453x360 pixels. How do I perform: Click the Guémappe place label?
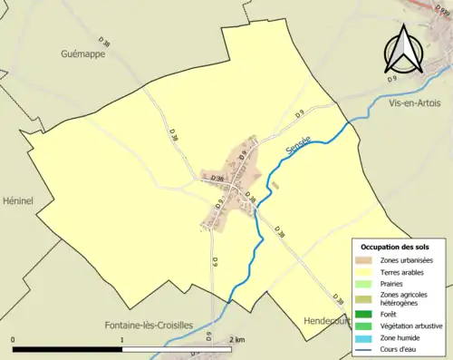[x=83, y=54]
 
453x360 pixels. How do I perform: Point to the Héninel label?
[x=17, y=200]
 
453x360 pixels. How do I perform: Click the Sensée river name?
[x=297, y=145]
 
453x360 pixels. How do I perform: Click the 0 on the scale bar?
[x=13, y=340]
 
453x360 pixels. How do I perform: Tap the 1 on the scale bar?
[x=122, y=340]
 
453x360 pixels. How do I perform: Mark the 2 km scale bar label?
[x=237, y=340]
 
